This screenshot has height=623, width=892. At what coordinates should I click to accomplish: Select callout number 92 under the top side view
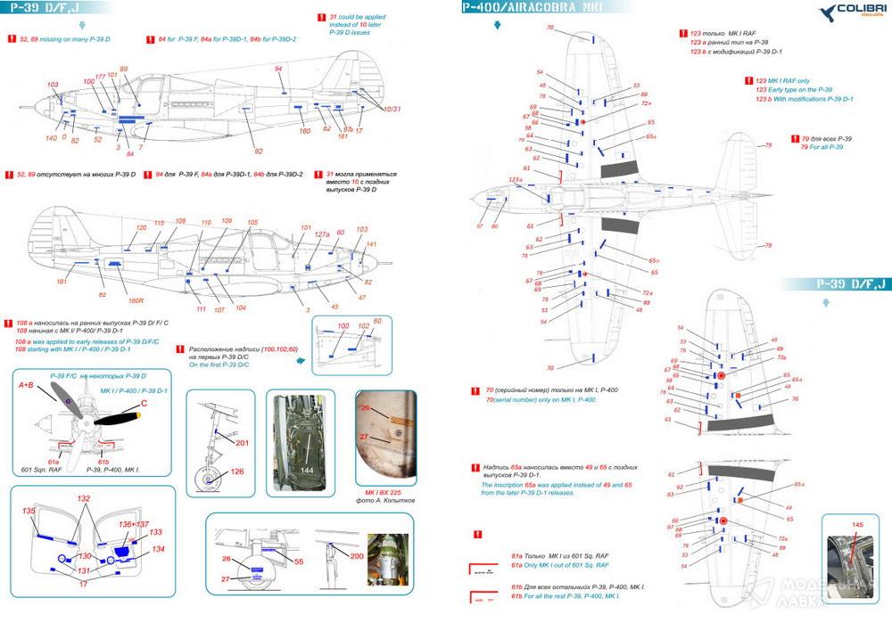click(x=259, y=152)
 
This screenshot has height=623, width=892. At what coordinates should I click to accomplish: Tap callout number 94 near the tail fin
click(x=278, y=70)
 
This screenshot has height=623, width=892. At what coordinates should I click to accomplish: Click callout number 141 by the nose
click(x=372, y=244)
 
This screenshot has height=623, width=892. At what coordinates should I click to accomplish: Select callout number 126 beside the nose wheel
click(x=237, y=472)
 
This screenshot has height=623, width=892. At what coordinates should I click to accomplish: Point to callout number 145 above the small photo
click(x=858, y=525)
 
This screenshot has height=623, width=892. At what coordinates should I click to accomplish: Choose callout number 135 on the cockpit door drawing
click(x=29, y=511)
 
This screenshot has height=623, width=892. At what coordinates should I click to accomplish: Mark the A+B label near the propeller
click(x=29, y=385)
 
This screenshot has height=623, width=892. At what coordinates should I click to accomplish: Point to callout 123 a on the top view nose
click(x=515, y=180)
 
